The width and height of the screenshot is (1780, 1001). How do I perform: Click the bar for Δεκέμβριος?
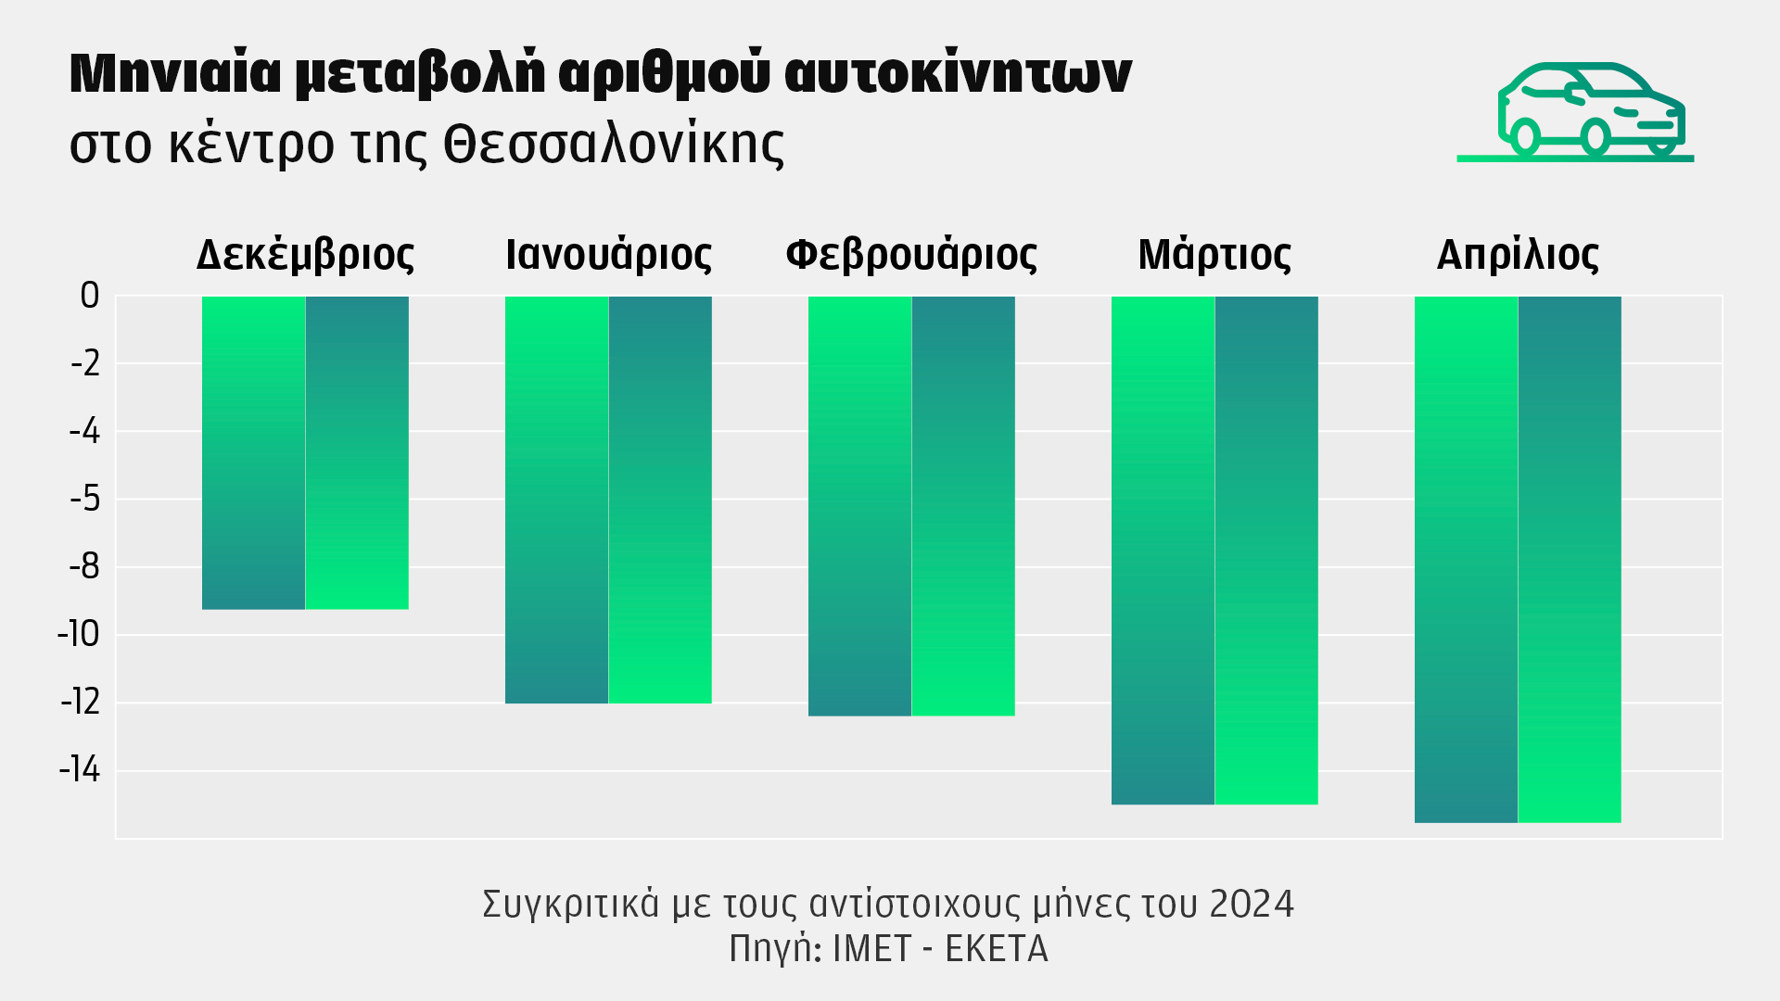[x=305, y=452]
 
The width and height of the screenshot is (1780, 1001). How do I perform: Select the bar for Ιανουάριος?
[x=608, y=500]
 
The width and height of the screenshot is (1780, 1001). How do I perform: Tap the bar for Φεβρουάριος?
[x=911, y=506]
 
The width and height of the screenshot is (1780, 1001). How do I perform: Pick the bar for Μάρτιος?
[x=1214, y=550]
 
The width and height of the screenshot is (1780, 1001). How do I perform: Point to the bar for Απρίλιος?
[x=1518, y=559]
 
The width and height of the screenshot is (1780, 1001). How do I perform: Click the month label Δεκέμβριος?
[x=305, y=255]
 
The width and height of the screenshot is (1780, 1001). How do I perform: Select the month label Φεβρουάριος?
[x=911, y=255]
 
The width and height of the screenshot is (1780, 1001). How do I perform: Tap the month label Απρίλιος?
[x=1518, y=255]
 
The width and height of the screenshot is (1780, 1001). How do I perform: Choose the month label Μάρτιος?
[x=1214, y=255]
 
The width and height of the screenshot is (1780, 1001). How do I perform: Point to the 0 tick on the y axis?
[x=90, y=296]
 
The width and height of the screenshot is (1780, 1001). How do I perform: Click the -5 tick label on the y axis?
[x=85, y=500]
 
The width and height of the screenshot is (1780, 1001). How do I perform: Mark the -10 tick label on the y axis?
[x=79, y=635]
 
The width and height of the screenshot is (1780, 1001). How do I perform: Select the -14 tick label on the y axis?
[x=80, y=770]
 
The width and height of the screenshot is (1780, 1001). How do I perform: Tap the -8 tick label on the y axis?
[x=85, y=567]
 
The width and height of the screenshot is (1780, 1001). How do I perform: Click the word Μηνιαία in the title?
[x=175, y=73]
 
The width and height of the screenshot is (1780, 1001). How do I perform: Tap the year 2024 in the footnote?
[x=1252, y=904]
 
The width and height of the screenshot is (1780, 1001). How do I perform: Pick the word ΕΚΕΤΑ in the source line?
[x=996, y=949]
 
